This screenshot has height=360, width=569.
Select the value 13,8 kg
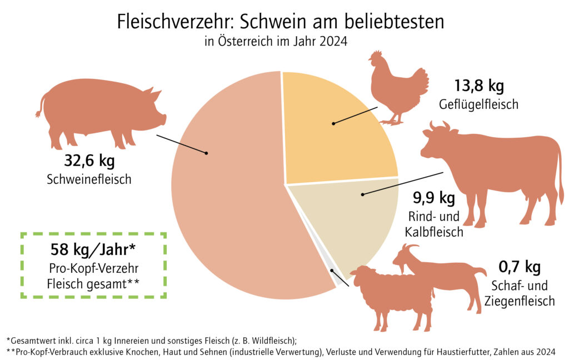(x=478, y=87)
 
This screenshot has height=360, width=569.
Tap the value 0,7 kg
(x=519, y=268)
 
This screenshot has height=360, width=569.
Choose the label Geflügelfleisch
(x=478, y=104)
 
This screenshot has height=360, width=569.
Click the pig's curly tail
(x=40, y=106)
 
